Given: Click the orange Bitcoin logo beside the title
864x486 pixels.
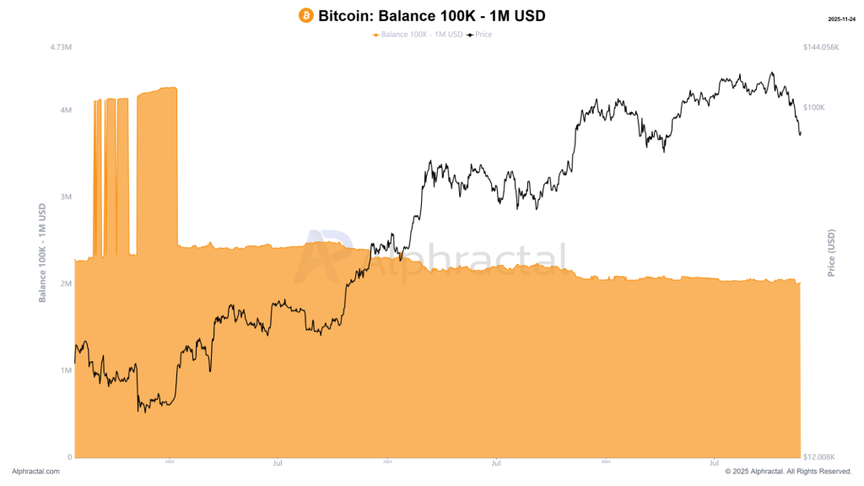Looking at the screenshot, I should [306, 15].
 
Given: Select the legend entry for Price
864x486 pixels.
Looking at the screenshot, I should [482, 35].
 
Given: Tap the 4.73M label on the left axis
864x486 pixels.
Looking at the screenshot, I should [59, 47].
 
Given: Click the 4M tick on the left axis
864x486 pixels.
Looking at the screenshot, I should [65, 110].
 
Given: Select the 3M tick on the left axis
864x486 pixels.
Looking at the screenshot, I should [65, 197].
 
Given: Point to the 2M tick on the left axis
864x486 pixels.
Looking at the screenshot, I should [65, 283].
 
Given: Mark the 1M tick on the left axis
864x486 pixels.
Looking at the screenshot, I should [65, 370].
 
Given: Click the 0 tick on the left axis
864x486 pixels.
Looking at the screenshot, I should [69, 456].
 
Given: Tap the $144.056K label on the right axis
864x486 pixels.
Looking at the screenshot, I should [822, 47].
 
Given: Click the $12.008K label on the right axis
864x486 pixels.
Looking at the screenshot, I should [820, 456].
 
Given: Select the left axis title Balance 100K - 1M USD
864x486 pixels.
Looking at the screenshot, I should [42, 252].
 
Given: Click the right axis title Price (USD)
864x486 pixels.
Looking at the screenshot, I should [831, 252].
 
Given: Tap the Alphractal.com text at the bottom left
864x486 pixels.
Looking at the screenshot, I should [35, 472].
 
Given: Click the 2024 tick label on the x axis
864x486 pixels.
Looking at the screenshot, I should [387, 462].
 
